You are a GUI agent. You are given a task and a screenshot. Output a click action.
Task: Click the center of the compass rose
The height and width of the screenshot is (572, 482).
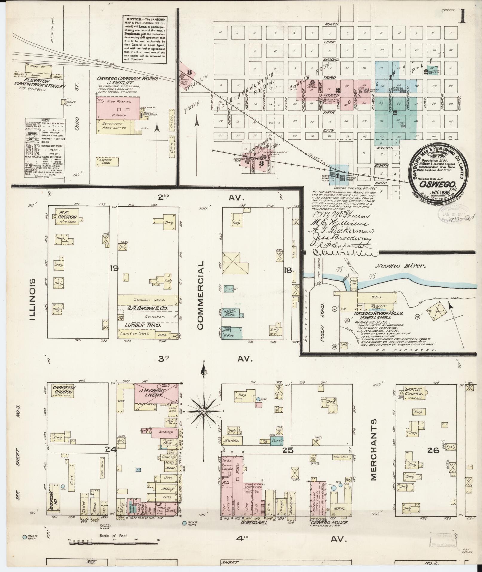click(203, 412)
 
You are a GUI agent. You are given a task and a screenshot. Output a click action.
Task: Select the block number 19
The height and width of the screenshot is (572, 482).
click(114, 268)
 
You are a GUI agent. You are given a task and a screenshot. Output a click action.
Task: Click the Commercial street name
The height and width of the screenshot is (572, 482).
click(200, 295)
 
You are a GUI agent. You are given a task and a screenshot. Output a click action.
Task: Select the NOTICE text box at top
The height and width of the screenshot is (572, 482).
click(144, 39)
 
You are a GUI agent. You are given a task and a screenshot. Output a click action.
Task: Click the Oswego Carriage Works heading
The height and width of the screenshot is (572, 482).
click(127, 78)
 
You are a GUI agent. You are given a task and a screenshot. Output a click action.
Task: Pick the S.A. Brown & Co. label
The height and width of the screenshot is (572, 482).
click(147, 308)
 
